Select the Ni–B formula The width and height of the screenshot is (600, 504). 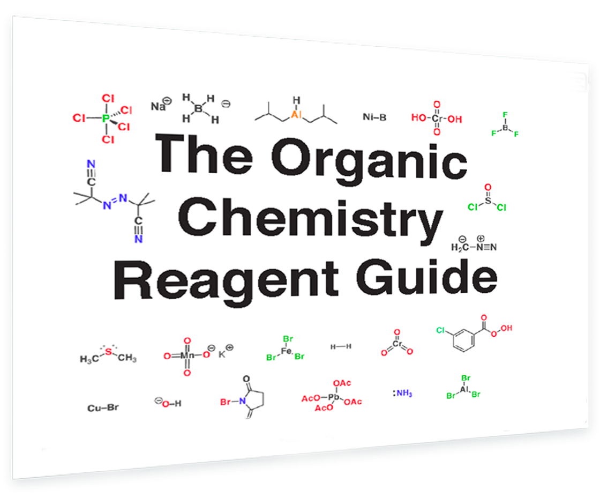click(374, 117)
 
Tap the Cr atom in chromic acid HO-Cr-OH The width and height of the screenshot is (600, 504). click(437, 118)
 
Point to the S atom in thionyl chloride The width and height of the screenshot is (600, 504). click(487, 199)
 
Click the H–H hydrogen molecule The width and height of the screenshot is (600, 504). click(341, 346)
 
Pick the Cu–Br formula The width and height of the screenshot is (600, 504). click(103, 408)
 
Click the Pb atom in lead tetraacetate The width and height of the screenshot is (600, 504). click(334, 396)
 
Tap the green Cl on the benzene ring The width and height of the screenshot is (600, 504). click(440, 331)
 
